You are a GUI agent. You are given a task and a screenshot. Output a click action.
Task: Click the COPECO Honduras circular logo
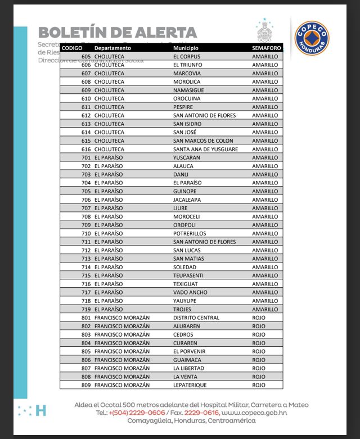(312, 37)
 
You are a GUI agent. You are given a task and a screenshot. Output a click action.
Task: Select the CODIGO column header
(71, 48)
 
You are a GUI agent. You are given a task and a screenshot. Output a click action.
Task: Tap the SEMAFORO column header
(267, 48)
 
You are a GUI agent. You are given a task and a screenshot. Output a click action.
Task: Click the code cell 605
(86, 57)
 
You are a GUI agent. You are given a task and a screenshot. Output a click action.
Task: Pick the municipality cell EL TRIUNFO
(188, 65)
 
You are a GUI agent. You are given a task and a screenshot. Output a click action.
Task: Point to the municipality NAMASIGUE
(188, 90)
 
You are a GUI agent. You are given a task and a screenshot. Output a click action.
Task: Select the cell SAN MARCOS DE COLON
(203, 141)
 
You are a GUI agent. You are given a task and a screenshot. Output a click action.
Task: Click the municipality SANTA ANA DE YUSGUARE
(205, 150)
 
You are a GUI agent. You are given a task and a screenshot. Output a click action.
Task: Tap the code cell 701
(86, 158)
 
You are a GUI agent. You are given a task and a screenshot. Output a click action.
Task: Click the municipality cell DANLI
(181, 175)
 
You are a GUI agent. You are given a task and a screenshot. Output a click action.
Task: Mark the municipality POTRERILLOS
(190, 234)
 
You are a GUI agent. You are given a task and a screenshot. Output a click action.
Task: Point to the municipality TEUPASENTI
(188, 276)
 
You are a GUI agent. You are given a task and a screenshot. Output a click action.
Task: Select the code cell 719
(86, 310)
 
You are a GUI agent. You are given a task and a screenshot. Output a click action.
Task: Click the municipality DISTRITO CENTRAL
(196, 318)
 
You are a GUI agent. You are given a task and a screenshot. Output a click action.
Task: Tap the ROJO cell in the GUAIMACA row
(259, 360)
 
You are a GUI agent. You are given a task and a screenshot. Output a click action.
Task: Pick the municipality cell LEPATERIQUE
(190, 386)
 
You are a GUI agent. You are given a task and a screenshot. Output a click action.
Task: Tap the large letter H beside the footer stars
(40, 410)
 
